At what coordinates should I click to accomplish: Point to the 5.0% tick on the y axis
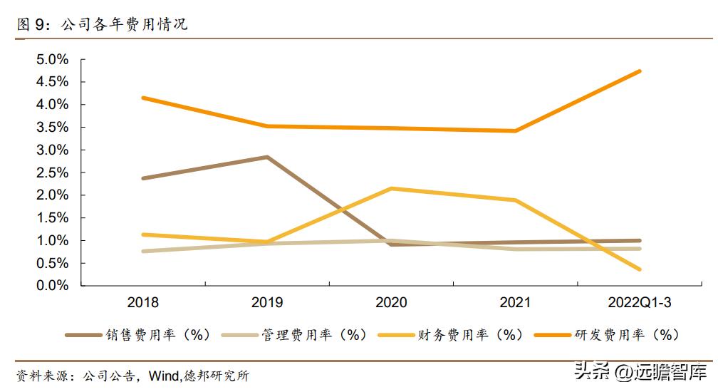pyautogui.click(x=53, y=59)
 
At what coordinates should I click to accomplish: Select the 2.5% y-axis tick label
pyautogui.click(x=53, y=172)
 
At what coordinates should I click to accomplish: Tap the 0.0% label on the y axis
pyautogui.click(x=53, y=286)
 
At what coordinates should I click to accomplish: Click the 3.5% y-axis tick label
pyautogui.click(x=53, y=127)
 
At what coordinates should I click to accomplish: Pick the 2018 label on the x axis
pyautogui.click(x=143, y=303)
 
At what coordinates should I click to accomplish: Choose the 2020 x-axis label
pyautogui.click(x=391, y=303)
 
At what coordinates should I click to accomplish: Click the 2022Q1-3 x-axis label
pyautogui.click(x=640, y=303)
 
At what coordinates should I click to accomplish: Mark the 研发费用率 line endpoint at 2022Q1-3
pyautogui.click(x=640, y=71)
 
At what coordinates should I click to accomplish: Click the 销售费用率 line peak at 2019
pyautogui.click(x=267, y=157)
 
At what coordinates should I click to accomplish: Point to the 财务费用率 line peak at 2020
pyautogui.click(x=391, y=188)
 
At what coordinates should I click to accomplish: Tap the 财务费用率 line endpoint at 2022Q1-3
pyautogui.click(x=640, y=269)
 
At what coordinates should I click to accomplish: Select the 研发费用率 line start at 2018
pyautogui.click(x=143, y=98)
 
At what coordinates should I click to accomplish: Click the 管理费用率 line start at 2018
pyautogui.click(x=143, y=251)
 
